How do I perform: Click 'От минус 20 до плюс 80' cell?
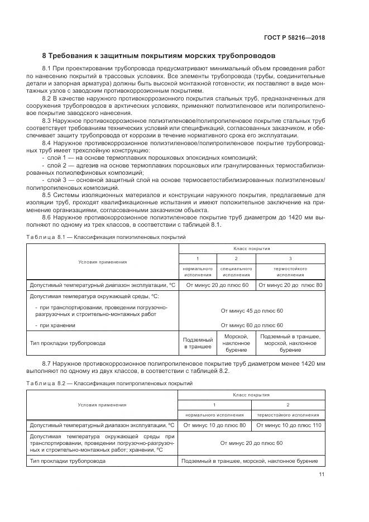point(290,285)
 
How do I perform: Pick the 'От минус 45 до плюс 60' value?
point(252,311)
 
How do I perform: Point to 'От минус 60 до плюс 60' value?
point(252,325)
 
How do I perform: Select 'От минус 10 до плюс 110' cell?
point(287,425)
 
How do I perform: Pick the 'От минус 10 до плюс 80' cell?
point(215,425)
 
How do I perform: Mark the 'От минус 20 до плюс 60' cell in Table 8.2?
point(251,443)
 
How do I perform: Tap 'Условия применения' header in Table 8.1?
point(103,261)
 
